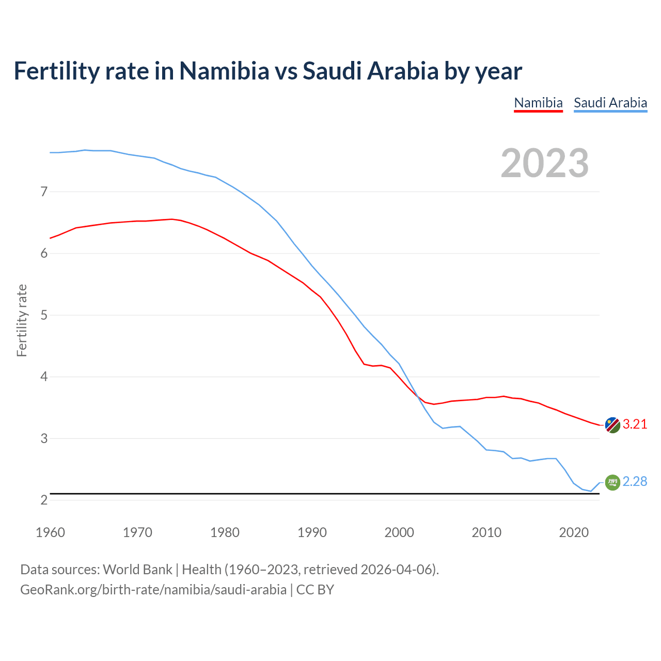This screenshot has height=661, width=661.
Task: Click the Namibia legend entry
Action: (538, 103)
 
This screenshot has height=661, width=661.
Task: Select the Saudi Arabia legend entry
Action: (610, 103)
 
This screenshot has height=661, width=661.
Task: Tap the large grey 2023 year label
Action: (545, 163)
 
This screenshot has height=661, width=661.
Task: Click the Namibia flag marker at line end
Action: (612, 425)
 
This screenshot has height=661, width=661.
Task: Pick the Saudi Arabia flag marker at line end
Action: (612, 482)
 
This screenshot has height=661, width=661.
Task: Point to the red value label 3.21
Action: (635, 424)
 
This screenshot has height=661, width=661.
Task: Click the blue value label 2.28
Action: (635, 482)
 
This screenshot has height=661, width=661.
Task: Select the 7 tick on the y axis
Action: (44, 192)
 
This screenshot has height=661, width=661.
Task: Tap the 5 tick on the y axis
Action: (44, 315)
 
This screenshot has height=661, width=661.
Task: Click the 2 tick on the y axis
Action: (44, 500)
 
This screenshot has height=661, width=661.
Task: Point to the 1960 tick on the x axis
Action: (50, 532)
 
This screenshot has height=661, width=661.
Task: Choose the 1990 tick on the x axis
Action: (312, 532)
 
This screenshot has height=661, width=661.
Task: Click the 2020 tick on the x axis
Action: (574, 532)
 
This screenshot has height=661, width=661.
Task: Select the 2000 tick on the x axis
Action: (399, 532)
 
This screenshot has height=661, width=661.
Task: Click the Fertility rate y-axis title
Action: (22, 320)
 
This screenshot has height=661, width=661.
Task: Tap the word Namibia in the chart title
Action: (224, 71)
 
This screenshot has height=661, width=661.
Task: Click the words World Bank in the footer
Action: (137, 570)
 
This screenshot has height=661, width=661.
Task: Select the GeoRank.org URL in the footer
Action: (153, 590)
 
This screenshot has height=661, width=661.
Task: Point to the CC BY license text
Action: (315, 590)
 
